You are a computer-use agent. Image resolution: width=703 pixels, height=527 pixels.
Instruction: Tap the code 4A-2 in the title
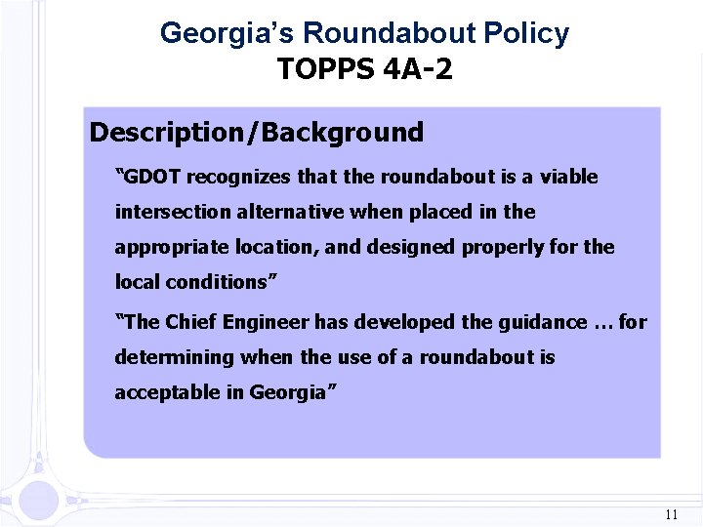418,70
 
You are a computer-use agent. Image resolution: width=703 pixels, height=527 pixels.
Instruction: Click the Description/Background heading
257,133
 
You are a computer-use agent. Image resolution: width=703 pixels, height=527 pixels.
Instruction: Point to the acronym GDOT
151,177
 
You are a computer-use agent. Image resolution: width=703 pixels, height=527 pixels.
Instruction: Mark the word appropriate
168,247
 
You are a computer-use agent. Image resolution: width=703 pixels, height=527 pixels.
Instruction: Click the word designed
409,247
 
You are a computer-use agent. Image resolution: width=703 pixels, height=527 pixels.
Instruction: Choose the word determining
175,357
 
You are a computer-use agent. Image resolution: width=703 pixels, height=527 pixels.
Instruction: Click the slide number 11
670,514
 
